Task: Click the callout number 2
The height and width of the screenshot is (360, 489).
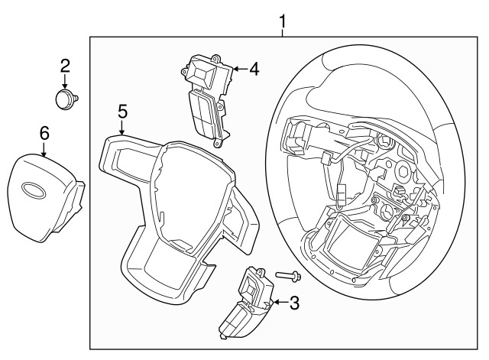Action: point(65,66)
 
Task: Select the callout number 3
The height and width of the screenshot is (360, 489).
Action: point(294,303)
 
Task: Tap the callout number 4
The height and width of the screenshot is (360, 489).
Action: point(254,69)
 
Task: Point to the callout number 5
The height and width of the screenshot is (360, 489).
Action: point(122,112)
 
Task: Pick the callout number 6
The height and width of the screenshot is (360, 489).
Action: point(44,133)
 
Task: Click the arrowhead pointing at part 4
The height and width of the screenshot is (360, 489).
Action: point(232,69)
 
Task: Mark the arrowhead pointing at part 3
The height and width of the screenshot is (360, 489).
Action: point(274,303)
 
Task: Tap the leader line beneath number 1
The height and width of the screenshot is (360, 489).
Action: point(283,31)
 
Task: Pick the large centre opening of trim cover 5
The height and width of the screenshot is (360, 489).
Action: point(187,191)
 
